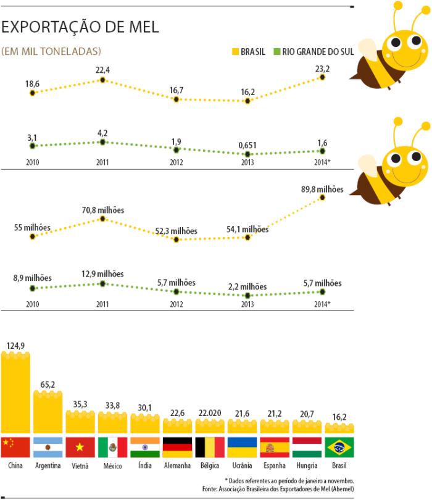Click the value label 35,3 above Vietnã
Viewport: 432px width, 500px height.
pos(80,404)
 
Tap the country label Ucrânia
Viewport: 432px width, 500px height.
pos(242,465)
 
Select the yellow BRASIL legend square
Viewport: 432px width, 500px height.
pos(233,52)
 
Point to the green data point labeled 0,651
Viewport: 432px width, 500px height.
pos(247,154)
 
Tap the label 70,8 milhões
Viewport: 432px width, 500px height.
pos(102,210)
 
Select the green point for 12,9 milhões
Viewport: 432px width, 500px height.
pos(103,284)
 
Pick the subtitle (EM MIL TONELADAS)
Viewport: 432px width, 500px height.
pos(52,51)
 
